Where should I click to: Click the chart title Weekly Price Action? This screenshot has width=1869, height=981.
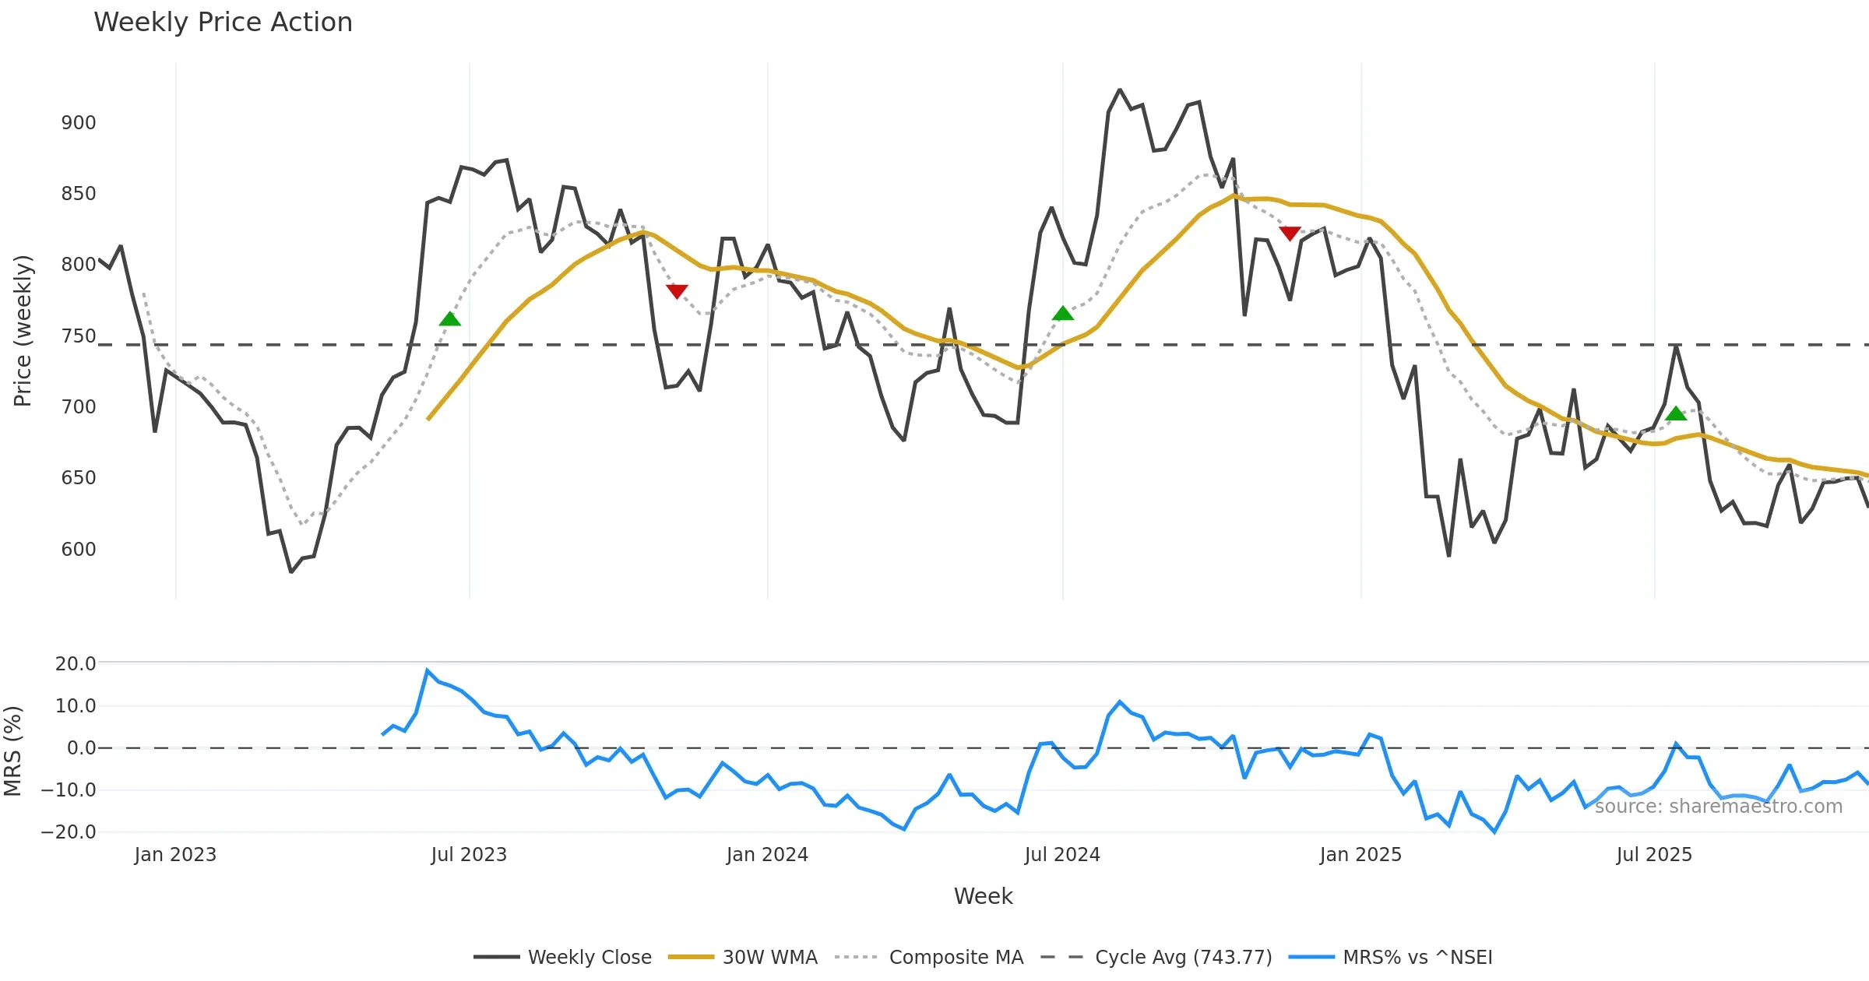click(223, 23)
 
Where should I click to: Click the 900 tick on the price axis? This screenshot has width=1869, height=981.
click(79, 123)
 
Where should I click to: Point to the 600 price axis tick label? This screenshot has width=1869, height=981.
click(79, 550)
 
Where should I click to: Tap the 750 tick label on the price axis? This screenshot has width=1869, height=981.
click(79, 336)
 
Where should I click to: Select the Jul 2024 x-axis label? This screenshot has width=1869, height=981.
click(1062, 855)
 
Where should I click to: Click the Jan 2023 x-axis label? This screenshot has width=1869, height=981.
click(175, 855)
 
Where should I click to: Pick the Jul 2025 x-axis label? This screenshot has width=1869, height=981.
click(1654, 855)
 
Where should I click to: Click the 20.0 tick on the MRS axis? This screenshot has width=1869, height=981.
click(76, 664)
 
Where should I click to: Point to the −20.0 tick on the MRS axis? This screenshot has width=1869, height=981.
click(69, 832)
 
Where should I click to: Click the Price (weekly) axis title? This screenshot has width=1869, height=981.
click(23, 331)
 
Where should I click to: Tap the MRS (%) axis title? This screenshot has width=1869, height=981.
click(13, 751)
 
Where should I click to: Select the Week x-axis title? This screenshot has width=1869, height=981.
click(983, 897)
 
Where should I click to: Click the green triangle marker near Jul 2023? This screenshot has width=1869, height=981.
click(450, 319)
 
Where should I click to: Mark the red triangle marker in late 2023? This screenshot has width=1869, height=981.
click(677, 291)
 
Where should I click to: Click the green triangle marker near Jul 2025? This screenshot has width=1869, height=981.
click(1676, 414)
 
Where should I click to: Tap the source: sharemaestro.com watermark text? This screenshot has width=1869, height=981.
click(1719, 807)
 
